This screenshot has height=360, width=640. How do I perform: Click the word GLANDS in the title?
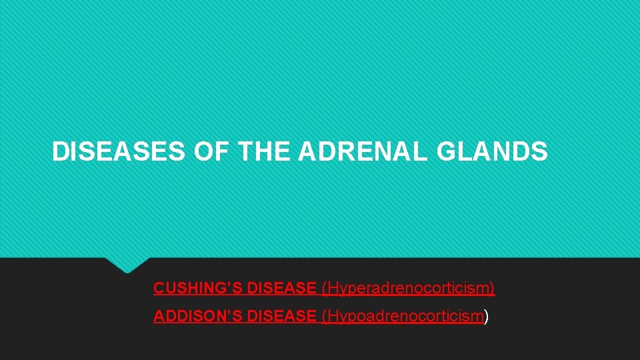tap(493, 152)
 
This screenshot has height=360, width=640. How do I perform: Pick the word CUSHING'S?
tap(197, 289)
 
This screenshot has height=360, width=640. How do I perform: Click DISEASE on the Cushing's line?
tap(281, 289)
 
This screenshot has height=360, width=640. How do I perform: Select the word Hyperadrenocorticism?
tap(409, 289)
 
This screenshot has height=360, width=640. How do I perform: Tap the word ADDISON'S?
tap(197, 316)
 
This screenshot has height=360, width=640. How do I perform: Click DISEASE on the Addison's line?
tap(281, 316)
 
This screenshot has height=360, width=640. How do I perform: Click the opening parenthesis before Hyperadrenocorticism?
tap(324, 289)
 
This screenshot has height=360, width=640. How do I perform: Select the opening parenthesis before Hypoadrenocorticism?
tap(324, 316)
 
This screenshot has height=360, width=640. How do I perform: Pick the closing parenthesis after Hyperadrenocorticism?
tap(493, 289)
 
